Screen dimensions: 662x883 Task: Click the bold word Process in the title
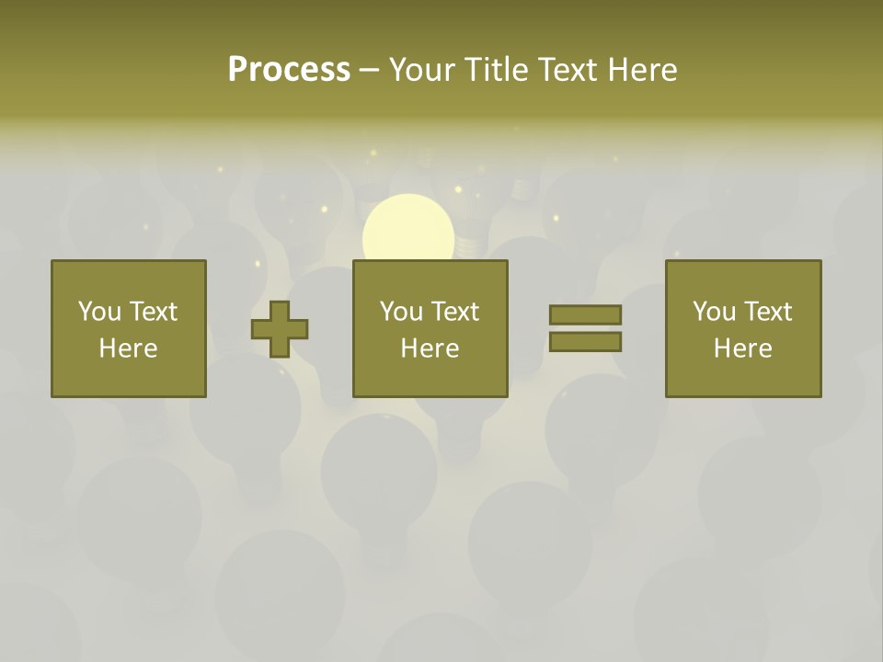tap(289, 70)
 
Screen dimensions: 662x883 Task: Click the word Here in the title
tap(642, 70)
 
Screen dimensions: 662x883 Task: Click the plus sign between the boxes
tap(280, 328)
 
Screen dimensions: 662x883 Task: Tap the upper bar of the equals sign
tap(585, 314)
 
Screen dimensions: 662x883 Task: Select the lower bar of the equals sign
tap(585, 341)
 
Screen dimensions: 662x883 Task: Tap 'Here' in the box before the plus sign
tap(128, 348)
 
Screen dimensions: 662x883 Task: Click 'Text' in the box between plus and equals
tap(453, 312)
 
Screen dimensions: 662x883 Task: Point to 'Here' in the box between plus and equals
tap(430, 348)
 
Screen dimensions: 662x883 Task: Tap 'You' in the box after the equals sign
tap(714, 312)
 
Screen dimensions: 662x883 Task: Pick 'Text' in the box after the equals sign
tap(766, 312)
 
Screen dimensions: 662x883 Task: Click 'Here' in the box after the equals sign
tap(742, 348)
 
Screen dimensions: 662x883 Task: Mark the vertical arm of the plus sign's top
tap(280, 310)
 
